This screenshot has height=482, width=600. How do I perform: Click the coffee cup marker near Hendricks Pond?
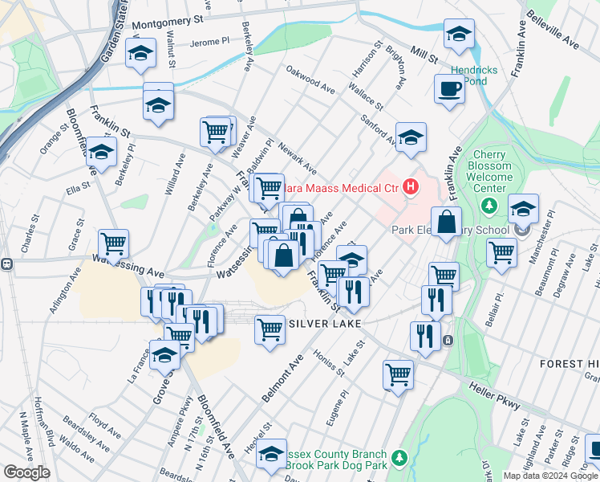(x=449, y=88)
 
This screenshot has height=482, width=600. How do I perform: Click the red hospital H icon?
(x=411, y=188)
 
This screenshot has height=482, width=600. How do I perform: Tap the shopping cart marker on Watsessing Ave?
(x=113, y=243)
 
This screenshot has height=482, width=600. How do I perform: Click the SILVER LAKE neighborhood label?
(x=322, y=322)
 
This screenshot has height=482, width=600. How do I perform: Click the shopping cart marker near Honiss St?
(x=398, y=374)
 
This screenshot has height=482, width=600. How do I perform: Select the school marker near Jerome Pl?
(x=141, y=52)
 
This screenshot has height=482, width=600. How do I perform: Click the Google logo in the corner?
(x=26, y=472)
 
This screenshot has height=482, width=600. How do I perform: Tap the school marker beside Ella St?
(x=101, y=151)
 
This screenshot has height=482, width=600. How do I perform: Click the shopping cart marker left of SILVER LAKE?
(x=270, y=329)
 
